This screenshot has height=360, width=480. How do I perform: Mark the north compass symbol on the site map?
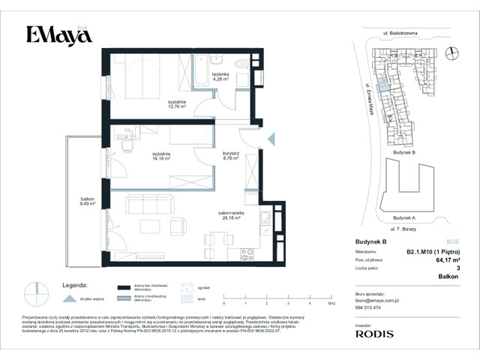[450, 52]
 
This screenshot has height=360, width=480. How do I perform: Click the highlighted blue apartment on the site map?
[383, 87]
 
